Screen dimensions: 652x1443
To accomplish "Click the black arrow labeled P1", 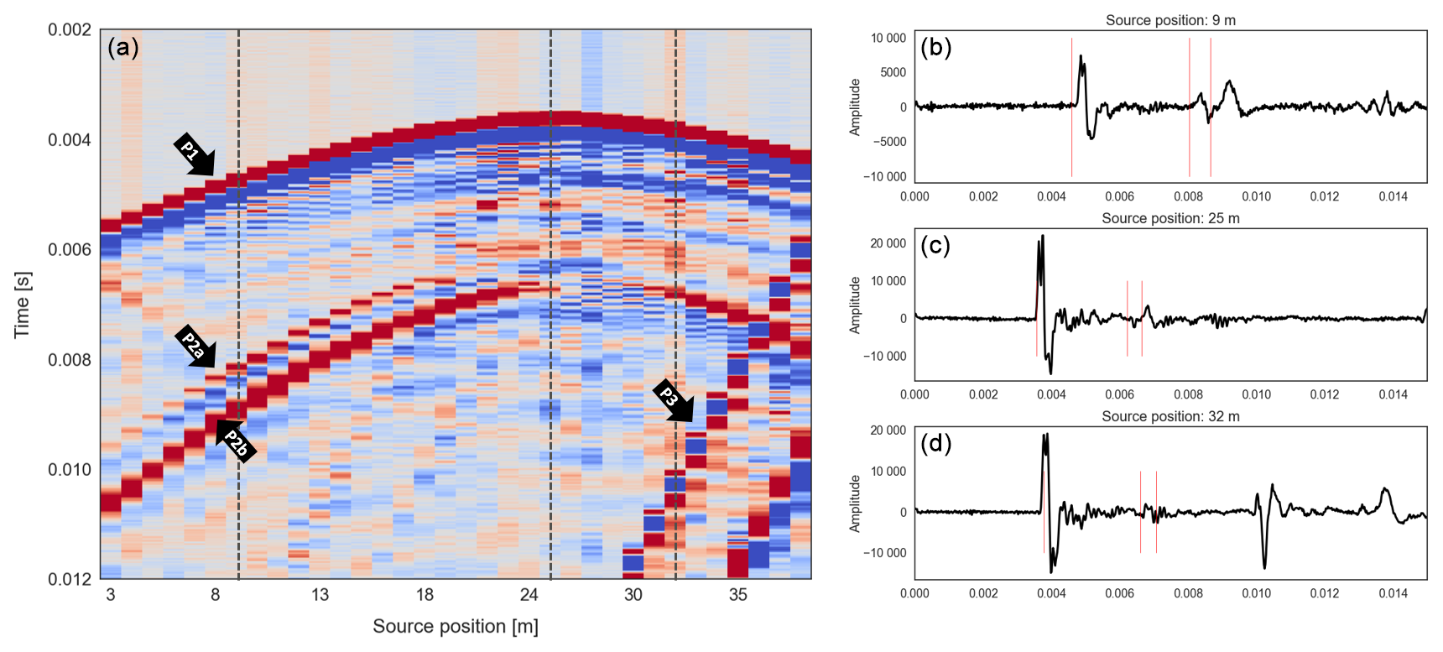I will click(x=195, y=155).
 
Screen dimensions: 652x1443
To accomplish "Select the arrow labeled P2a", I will click(x=196, y=347).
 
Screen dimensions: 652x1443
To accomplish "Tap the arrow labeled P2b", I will click(x=236, y=441).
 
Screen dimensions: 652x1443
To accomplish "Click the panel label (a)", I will click(x=122, y=48).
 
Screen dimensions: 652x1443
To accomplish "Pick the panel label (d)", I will click(x=935, y=443).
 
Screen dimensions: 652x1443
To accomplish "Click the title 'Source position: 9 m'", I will click(x=1170, y=20).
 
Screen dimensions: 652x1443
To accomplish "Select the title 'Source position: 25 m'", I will click(x=1170, y=218).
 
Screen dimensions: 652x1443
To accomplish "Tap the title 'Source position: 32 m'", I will click(x=1170, y=416).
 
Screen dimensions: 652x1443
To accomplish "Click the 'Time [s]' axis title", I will click(x=23, y=304).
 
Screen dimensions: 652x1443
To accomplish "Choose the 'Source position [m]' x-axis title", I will click(x=456, y=626).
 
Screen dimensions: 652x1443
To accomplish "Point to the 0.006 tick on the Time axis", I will click(x=69, y=249).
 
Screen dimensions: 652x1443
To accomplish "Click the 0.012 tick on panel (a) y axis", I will click(x=69, y=579).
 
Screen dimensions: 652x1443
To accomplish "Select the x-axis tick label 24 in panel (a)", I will click(x=529, y=595).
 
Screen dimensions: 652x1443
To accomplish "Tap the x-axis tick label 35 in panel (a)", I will click(x=737, y=595).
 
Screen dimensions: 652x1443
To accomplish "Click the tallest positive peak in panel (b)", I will click(x=1081, y=57).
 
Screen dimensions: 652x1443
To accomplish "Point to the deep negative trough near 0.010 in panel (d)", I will click(x=1264, y=567).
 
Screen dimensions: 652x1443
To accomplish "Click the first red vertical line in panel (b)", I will click(x=1071, y=107).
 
